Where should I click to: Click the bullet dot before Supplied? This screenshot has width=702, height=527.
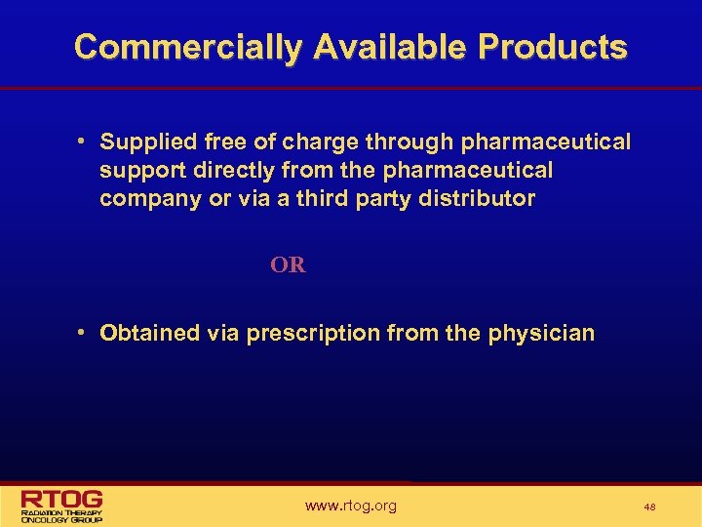click(x=85, y=142)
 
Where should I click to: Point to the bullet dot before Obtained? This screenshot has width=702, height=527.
click(x=85, y=333)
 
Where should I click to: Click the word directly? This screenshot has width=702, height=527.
click(x=223, y=171)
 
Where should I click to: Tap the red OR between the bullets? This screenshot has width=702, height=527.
click(x=288, y=264)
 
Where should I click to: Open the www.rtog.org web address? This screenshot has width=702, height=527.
click(x=351, y=506)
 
